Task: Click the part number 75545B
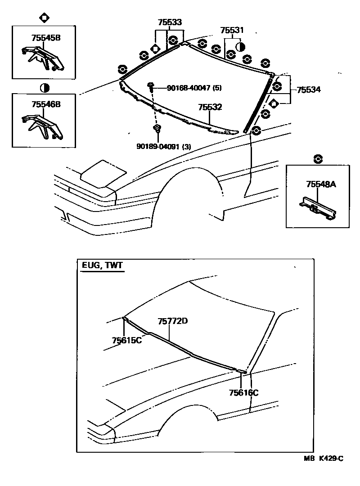tap(46, 38)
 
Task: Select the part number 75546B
tap(46, 104)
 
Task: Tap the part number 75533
tap(170, 22)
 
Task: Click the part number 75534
tap(309, 90)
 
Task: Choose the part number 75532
tap(210, 108)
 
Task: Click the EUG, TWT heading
tap(102, 265)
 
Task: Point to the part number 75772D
tap(172, 321)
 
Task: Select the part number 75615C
tap(127, 340)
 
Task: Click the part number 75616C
tap(243, 393)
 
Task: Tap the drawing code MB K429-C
tap(324, 459)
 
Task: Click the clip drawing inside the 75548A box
tap(318, 207)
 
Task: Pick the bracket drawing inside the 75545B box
tap(43, 58)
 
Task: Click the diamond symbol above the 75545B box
tap(45, 18)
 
